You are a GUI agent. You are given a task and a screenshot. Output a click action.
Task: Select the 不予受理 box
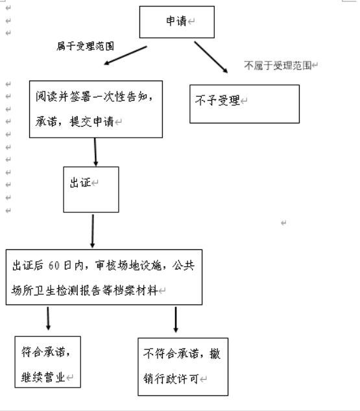pos(244,103)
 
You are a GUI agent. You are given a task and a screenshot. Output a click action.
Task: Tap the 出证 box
pos(91,189)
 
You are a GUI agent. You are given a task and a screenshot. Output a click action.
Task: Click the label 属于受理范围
pos(86,46)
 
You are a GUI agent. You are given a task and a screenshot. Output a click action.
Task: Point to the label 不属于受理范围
pos(278,65)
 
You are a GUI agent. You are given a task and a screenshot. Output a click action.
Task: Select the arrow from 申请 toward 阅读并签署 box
pos(126,56)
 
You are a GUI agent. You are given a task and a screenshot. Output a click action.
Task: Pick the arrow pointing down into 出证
pos(96,152)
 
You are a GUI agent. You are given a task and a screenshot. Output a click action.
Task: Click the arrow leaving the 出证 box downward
pos(93,231)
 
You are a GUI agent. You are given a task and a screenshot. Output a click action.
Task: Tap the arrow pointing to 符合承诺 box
pos(48,318)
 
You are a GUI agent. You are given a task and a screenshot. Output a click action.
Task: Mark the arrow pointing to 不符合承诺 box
pos(176,319)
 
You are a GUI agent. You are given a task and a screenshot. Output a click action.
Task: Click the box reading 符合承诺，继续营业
pos(48,361)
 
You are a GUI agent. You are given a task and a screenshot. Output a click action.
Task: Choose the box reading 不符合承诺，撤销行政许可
pos(183,366)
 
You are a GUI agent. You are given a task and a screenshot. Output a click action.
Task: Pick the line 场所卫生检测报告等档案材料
pos(85,290)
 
